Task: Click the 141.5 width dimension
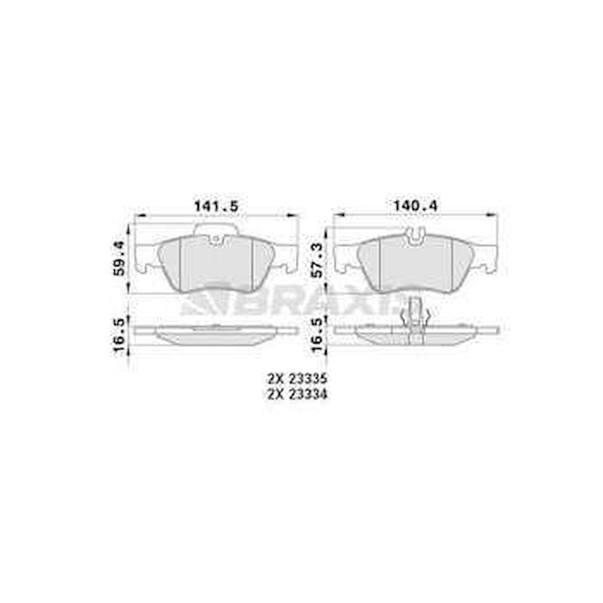coord(216,206)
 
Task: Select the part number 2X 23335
coord(296,379)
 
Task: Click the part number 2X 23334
coord(296,394)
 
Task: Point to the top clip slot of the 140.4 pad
coord(416,236)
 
